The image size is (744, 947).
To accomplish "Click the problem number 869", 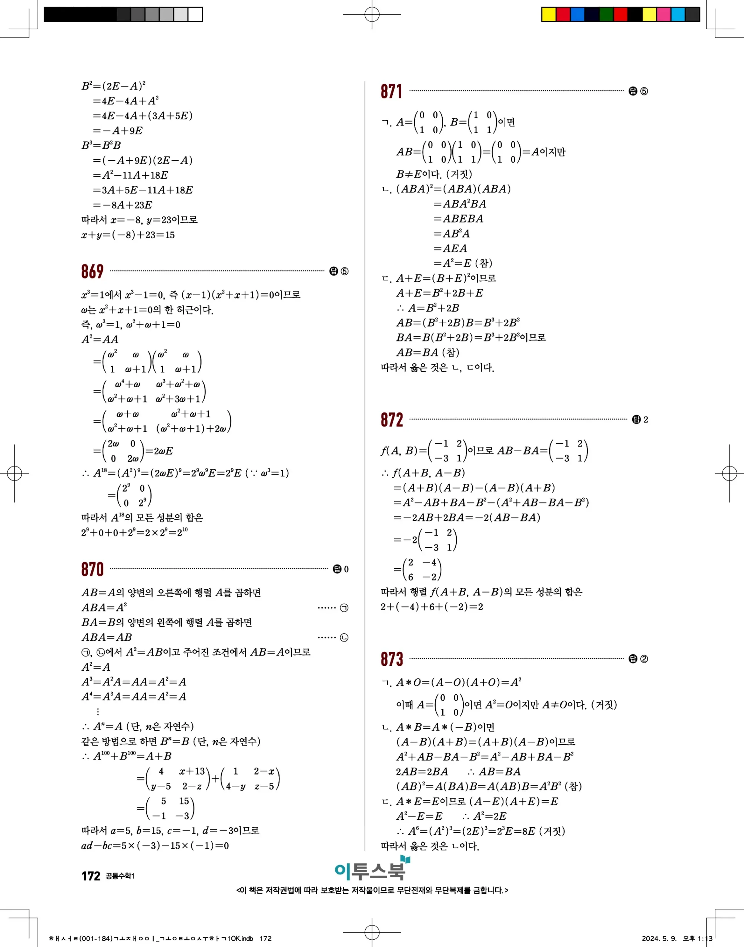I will (92, 272).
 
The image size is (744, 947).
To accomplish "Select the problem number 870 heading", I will (92, 569).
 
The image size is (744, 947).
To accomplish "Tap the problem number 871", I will (391, 91).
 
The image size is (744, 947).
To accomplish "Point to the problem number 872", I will (392, 420).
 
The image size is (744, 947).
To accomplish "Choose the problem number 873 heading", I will (392, 659).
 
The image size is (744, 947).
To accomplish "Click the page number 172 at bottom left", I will (91, 876).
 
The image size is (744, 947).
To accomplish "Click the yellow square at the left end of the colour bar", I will (549, 14).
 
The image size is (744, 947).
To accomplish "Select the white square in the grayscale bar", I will (195, 14).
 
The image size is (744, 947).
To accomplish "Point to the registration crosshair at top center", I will (372, 14).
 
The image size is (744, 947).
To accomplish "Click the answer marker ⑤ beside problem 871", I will (643, 91).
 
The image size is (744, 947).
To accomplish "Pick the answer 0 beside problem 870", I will (346, 569).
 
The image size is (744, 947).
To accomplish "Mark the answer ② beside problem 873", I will (643, 659).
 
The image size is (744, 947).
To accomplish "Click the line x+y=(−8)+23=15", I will (128, 235).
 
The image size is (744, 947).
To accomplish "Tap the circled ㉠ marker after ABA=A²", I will (344, 608).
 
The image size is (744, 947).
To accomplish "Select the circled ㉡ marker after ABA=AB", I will (344, 638).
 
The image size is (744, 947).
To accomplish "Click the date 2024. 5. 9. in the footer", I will (658, 938).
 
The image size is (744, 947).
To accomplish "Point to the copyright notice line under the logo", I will (372, 890).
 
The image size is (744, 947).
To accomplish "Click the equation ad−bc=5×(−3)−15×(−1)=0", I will (155, 846).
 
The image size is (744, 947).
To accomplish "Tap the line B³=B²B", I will (101, 145).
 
